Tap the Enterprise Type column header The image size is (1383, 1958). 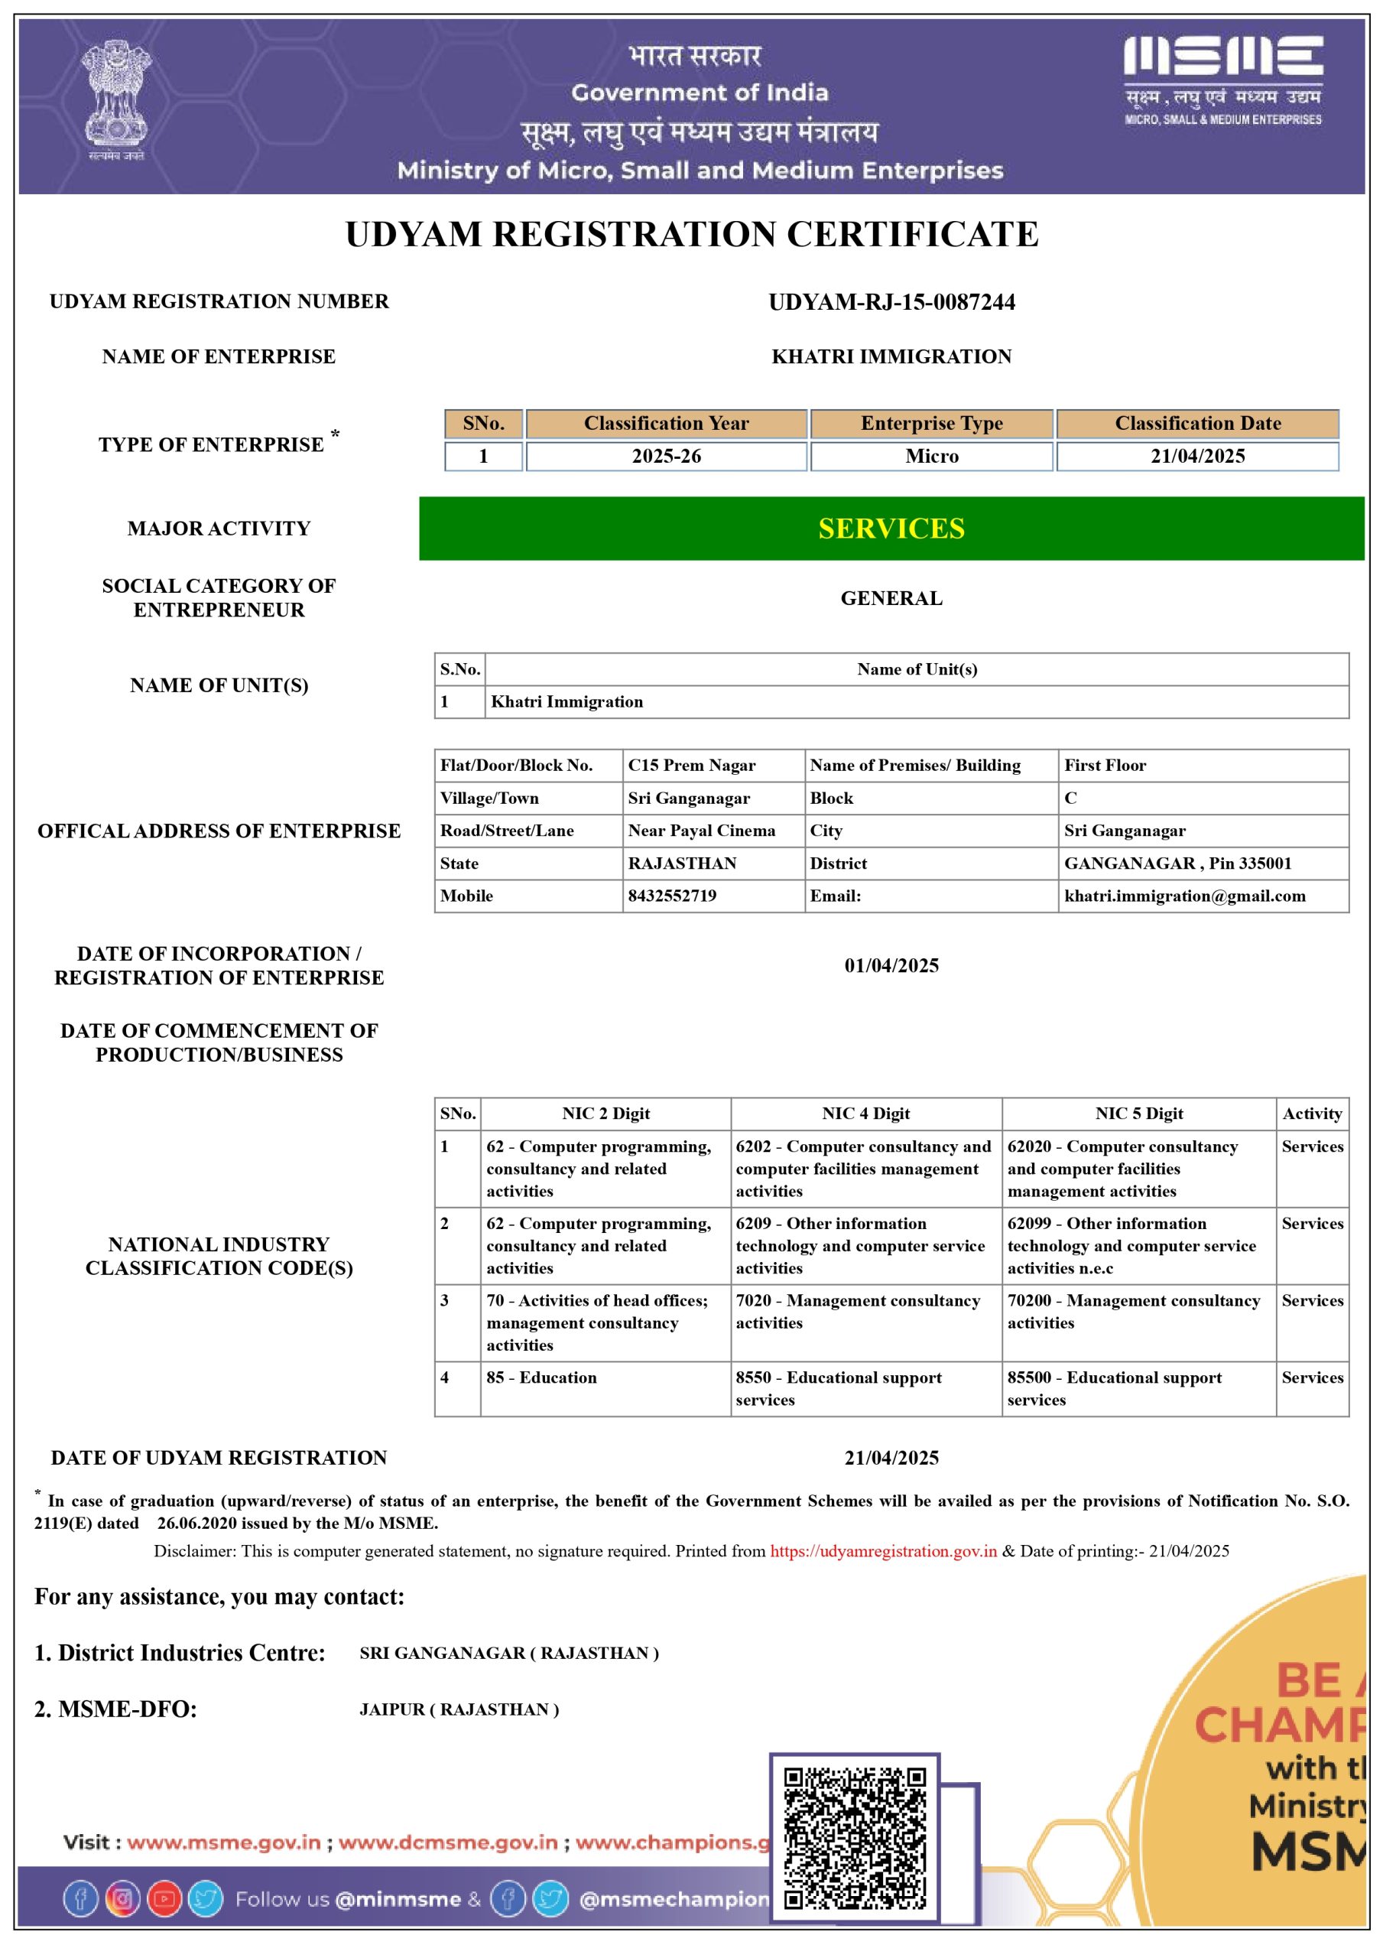(x=931, y=423)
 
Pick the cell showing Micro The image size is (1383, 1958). (x=931, y=457)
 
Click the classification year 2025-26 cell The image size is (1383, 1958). (x=666, y=457)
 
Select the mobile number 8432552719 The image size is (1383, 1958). (x=672, y=896)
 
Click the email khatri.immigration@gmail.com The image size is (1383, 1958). (x=1184, y=896)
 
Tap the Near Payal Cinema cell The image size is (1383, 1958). (x=702, y=831)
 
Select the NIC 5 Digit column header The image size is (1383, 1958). (x=1138, y=1113)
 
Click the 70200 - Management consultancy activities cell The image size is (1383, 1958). (x=1133, y=1312)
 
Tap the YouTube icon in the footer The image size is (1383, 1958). (x=164, y=1898)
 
